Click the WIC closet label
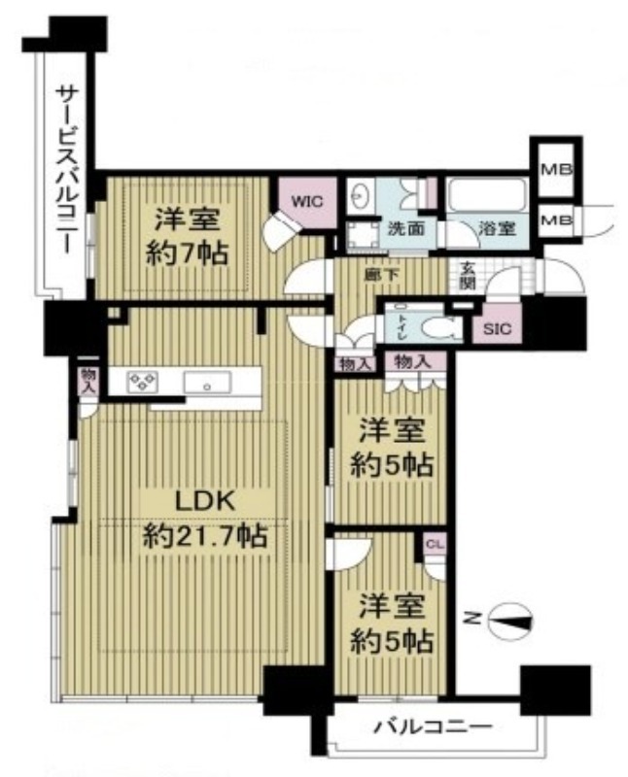pyautogui.click(x=307, y=202)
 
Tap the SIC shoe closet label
pyautogui.click(x=497, y=328)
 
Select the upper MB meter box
pyautogui.click(x=556, y=170)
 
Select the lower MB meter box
pyautogui.click(x=556, y=220)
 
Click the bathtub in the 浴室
pyautogui.click(x=486, y=196)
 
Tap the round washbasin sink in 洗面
pyautogui.click(x=360, y=195)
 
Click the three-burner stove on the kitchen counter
pyautogui.click(x=142, y=382)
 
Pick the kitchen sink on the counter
pyautogui.click(x=207, y=383)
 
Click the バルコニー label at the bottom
pyautogui.click(x=433, y=726)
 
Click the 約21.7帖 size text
pyautogui.click(x=205, y=536)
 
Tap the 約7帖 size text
pyautogui.click(x=186, y=254)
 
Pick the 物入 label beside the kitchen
pyautogui.click(x=88, y=380)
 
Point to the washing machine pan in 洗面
pyautogui.click(x=361, y=234)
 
